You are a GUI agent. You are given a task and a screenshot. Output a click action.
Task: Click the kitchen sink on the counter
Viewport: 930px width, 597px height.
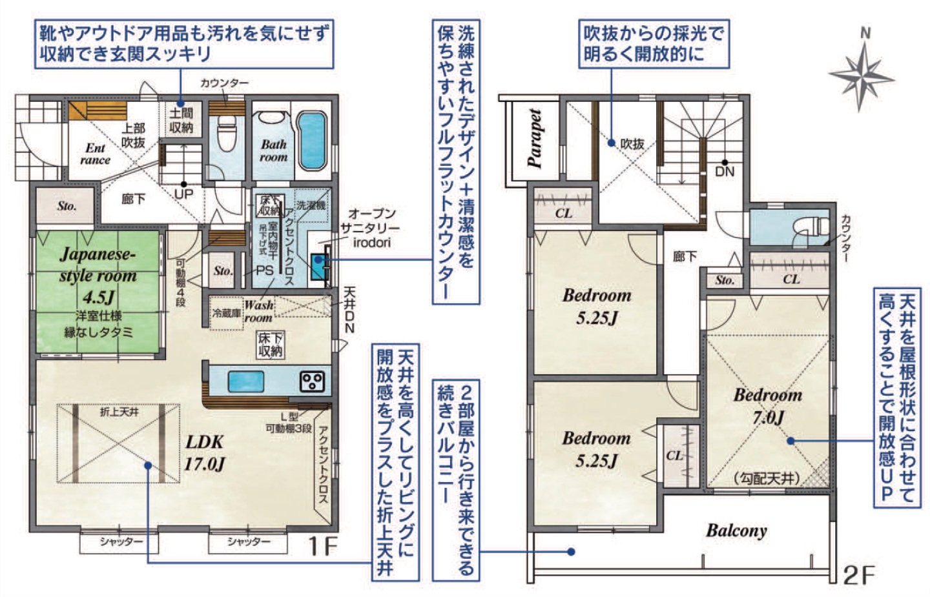click(246, 381)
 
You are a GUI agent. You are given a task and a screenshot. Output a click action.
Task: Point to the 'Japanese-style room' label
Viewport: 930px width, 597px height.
click(98, 265)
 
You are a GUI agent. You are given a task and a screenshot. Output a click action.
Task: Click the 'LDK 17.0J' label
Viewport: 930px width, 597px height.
click(205, 452)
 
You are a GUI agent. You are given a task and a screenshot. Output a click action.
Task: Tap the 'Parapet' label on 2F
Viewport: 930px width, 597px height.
click(535, 138)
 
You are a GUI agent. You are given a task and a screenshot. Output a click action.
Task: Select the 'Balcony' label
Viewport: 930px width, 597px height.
click(736, 531)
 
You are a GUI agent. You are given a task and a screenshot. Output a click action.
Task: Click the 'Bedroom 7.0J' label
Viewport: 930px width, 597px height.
click(768, 406)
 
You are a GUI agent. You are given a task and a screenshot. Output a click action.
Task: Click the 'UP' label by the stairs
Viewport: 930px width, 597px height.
click(183, 194)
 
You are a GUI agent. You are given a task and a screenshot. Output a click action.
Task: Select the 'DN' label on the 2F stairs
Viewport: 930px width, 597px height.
click(725, 171)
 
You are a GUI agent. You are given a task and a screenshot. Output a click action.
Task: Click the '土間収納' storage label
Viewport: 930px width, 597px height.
click(181, 120)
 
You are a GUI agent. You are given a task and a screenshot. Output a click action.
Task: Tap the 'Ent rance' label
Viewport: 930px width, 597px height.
click(95, 154)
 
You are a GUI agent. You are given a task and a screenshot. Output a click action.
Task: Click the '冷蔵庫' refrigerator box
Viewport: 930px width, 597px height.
click(226, 313)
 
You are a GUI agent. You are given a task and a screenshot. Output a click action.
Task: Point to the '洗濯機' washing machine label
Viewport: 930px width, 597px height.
click(311, 205)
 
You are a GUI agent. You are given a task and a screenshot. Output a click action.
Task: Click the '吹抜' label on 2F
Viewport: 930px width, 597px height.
click(632, 144)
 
